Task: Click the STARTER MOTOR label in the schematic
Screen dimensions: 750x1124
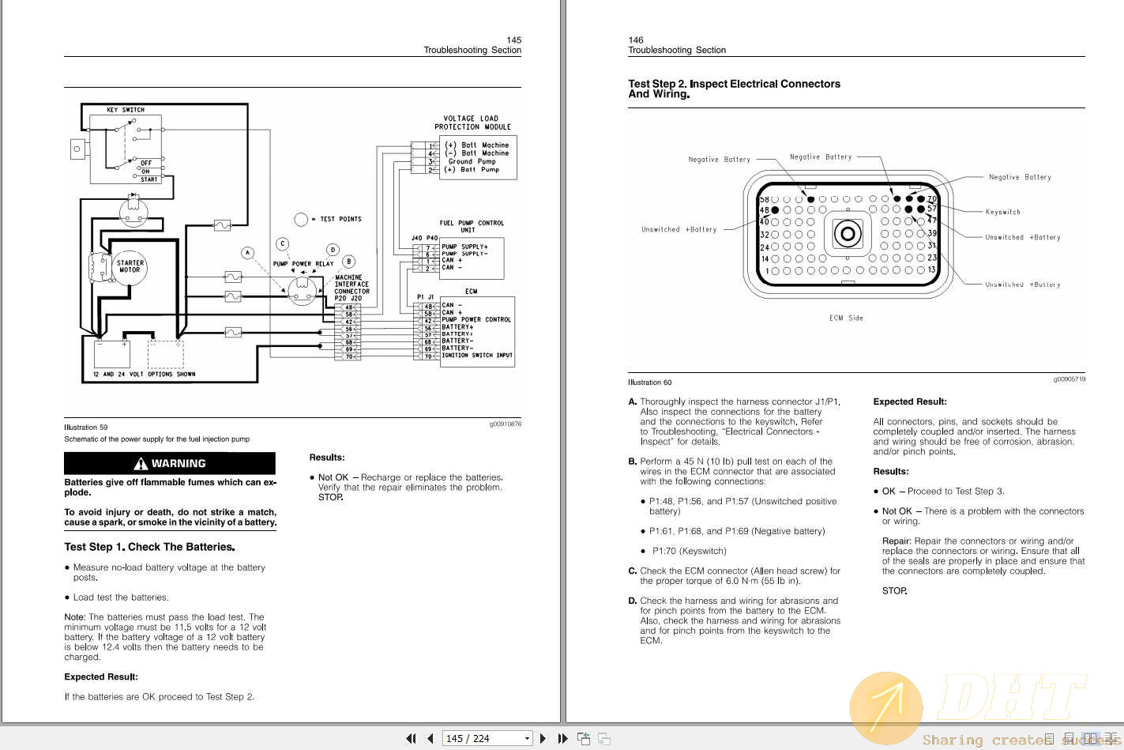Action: pyautogui.click(x=130, y=266)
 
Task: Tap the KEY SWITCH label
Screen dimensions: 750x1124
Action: pyautogui.click(x=126, y=110)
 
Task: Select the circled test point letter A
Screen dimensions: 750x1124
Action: pyautogui.click(x=248, y=253)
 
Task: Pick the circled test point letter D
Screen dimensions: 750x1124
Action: pyautogui.click(x=333, y=250)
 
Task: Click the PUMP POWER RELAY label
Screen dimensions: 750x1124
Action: pyautogui.click(x=303, y=264)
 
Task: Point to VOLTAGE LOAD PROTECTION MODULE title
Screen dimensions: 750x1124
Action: pyautogui.click(x=472, y=122)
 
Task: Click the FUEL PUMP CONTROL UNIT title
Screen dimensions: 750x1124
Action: pyautogui.click(x=472, y=226)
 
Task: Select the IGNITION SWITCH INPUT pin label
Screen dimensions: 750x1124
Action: pyautogui.click(x=477, y=356)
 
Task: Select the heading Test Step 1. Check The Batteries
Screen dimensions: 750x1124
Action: pyautogui.click(x=149, y=547)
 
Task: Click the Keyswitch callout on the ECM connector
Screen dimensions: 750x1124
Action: pyautogui.click(x=1002, y=212)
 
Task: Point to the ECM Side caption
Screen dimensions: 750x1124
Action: pyautogui.click(x=846, y=318)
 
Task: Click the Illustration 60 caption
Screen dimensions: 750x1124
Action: pyautogui.click(x=649, y=383)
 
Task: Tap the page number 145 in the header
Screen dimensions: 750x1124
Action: pyautogui.click(x=513, y=40)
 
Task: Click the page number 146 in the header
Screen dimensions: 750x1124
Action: pyautogui.click(x=636, y=40)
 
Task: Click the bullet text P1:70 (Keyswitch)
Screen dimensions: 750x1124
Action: pyautogui.click(x=689, y=551)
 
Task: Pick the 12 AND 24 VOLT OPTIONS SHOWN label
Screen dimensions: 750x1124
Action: pyautogui.click(x=144, y=375)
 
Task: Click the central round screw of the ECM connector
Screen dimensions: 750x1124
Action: pyautogui.click(x=847, y=234)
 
